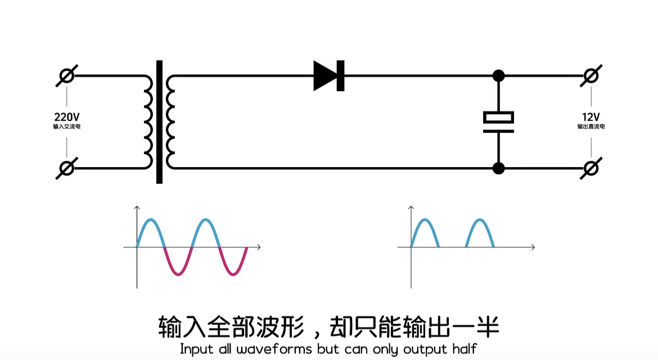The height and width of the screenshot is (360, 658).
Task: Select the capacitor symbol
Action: click(498, 122)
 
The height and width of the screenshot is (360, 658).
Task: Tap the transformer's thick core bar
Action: click(159, 122)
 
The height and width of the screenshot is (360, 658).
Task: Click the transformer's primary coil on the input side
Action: click(147, 122)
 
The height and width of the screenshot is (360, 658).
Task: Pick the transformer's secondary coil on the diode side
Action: click(170, 122)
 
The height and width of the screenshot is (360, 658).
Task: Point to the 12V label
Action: click(591, 117)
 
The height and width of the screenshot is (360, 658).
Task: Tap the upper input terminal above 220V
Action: click(66, 75)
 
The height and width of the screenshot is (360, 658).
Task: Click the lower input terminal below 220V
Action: click(66, 168)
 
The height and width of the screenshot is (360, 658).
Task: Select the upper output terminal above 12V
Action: click(591, 75)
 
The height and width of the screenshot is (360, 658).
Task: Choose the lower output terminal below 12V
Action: click(591, 168)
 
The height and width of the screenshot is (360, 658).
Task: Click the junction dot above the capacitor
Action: click(498, 75)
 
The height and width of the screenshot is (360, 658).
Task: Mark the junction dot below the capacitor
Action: click(498, 168)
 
